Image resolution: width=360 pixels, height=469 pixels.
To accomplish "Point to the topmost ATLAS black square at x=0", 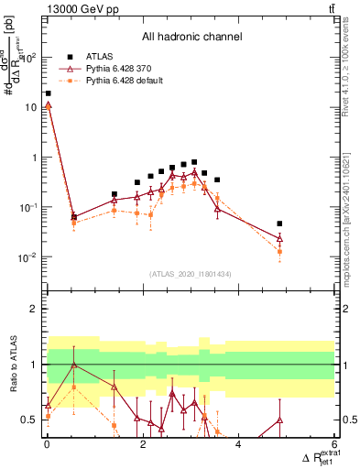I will [x=48, y=93].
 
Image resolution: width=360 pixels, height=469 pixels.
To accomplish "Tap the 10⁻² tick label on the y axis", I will [x=29, y=257].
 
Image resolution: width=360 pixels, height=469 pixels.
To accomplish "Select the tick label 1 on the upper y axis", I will [x=35, y=158].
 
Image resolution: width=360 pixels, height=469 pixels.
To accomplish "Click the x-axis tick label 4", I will [x=238, y=444].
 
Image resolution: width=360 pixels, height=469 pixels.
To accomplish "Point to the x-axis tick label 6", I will [x=333, y=444].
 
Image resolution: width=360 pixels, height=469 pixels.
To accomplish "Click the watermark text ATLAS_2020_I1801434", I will [x=191, y=274].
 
